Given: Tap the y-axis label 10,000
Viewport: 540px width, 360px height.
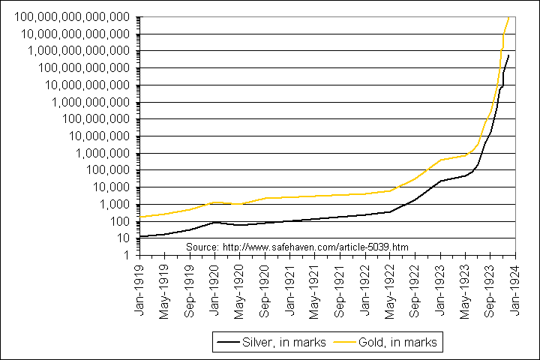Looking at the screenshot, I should pos(115,187).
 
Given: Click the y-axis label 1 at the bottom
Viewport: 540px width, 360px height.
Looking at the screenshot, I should pos(129,256).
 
